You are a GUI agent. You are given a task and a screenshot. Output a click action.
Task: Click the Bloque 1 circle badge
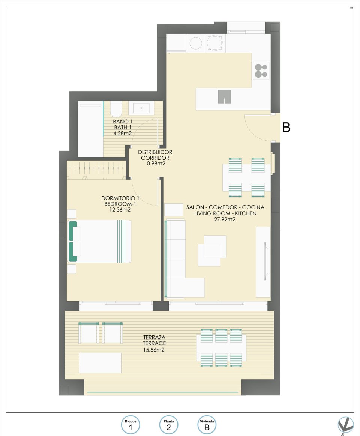click(x=130, y=425)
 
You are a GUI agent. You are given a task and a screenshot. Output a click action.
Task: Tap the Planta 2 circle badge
click(x=169, y=425)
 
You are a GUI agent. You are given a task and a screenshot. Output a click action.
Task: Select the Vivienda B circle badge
click(x=207, y=425)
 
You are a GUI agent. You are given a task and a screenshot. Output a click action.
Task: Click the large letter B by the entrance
click(x=286, y=128)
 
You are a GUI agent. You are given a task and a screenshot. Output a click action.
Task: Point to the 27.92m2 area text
click(x=225, y=220)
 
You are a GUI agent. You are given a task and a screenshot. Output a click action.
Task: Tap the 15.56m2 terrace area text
click(x=154, y=349)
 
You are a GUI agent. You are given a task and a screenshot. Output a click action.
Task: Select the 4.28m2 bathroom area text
click(x=123, y=133)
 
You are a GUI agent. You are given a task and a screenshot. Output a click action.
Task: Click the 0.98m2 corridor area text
click(x=155, y=164)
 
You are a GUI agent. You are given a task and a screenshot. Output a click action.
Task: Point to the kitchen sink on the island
click(x=224, y=97)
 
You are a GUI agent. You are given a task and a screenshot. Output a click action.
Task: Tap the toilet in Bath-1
click(x=116, y=109)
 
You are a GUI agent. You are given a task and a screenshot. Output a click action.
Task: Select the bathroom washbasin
click(x=141, y=108)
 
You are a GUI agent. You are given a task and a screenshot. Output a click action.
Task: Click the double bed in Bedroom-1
click(x=100, y=241)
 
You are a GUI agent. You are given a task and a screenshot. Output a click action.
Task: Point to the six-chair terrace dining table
click(x=221, y=348)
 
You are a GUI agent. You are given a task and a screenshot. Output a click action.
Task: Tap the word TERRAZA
click(x=154, y=338)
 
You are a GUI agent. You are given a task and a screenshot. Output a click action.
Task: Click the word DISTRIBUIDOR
click(x=155, y=152)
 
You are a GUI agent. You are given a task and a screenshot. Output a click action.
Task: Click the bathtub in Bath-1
click(x=90, y=129)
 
